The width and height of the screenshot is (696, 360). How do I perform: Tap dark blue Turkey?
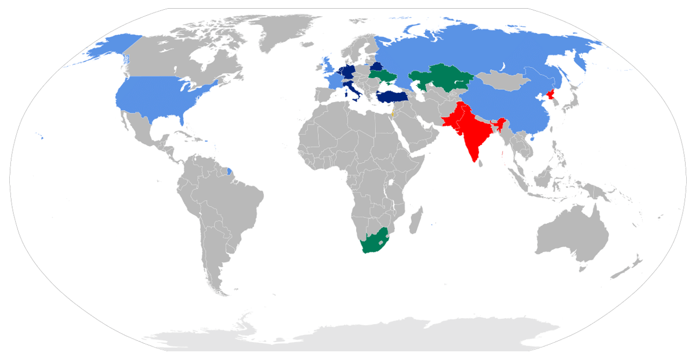point(391,96)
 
